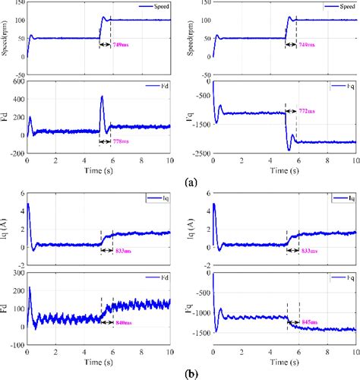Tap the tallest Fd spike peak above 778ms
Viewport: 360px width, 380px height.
pos(102,97)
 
